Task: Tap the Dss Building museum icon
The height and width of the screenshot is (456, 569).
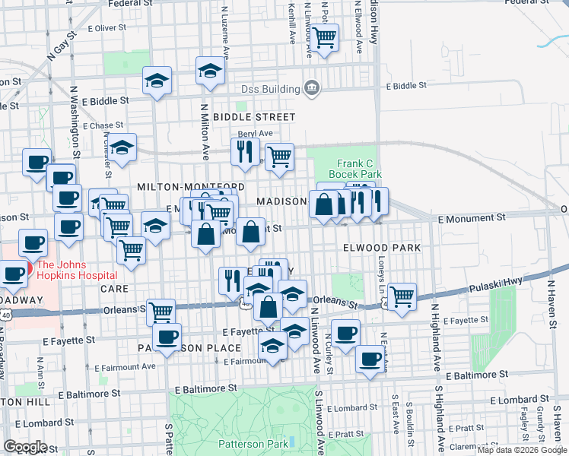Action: (311, 89)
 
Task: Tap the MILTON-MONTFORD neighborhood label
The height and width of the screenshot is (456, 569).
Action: (190, 186)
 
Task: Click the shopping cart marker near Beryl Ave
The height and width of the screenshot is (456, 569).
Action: (280, 156)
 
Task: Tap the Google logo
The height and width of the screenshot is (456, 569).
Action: (25, 446)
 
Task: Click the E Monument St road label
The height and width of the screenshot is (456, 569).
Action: (467, 218)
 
